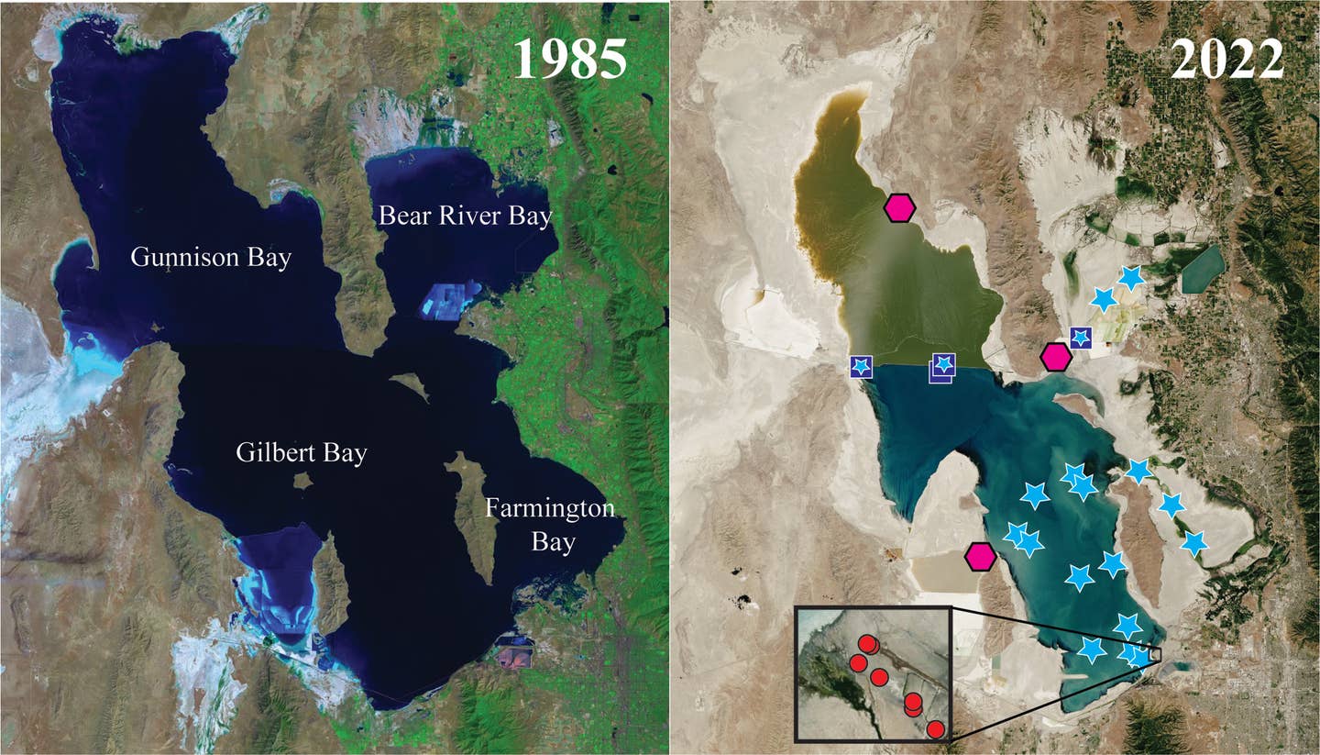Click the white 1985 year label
pos(569,60)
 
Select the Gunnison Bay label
pos(211,258)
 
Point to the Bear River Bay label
pos(466,217)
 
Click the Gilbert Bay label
pos(301,452)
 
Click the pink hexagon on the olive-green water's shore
pos(900,208)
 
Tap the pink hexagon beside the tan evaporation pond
pos(981,556)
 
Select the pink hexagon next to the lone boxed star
pos(1056,357)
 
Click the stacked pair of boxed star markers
pos(942,366)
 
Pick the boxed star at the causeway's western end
pos(861,367)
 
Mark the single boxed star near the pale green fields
pos(1081,338)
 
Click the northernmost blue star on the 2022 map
pos(1132,277)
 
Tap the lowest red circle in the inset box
pos(935,729)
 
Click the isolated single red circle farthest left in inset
pos(858,662)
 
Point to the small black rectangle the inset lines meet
pos(1155,654)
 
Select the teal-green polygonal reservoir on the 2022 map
pos(1203,269)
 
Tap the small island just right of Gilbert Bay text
pos(302,480)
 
